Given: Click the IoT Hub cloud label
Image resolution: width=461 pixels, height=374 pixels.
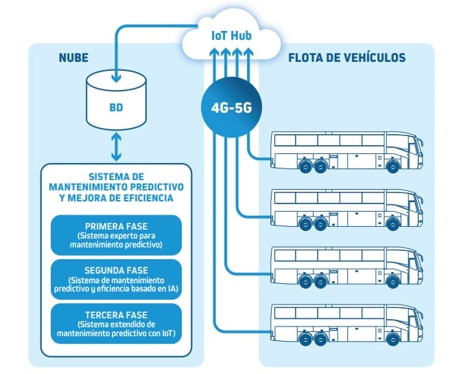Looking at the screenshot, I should pos(230,35).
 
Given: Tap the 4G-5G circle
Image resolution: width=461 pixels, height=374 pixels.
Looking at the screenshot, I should pos(231,107).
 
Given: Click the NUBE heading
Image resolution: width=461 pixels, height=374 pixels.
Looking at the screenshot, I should pos(73,57).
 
